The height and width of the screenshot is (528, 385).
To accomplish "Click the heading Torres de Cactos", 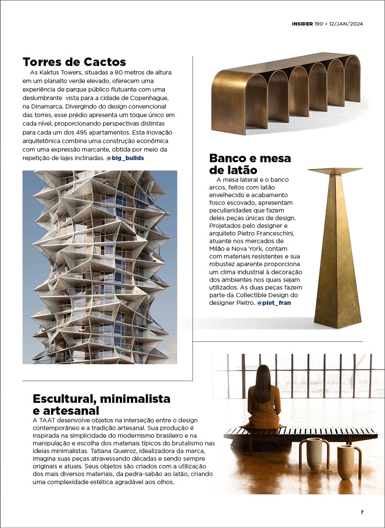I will click(x=74, y=62).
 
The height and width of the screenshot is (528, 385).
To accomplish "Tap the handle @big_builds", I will click(x=125, y=158).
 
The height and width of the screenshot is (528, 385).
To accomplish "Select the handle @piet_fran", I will click(x=274, y=303).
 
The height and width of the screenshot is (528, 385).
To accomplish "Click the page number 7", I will click(x=362, y=512).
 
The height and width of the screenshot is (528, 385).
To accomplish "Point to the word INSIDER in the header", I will click(x=302, y=24).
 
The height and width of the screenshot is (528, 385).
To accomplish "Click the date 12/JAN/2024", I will click(x=346, y=24).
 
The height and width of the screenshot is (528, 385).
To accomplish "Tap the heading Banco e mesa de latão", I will click(x=250, y=164).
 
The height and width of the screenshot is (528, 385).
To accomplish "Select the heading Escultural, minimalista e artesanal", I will click(x=101, y=405).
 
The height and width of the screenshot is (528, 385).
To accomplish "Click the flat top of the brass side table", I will click(x=335, y=170).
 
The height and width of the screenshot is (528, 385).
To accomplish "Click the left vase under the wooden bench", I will click(x=314, y=453).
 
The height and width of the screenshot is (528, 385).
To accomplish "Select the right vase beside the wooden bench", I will click(x=346, y=462).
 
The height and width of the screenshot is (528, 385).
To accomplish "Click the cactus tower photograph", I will click(x=100, y=267).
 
